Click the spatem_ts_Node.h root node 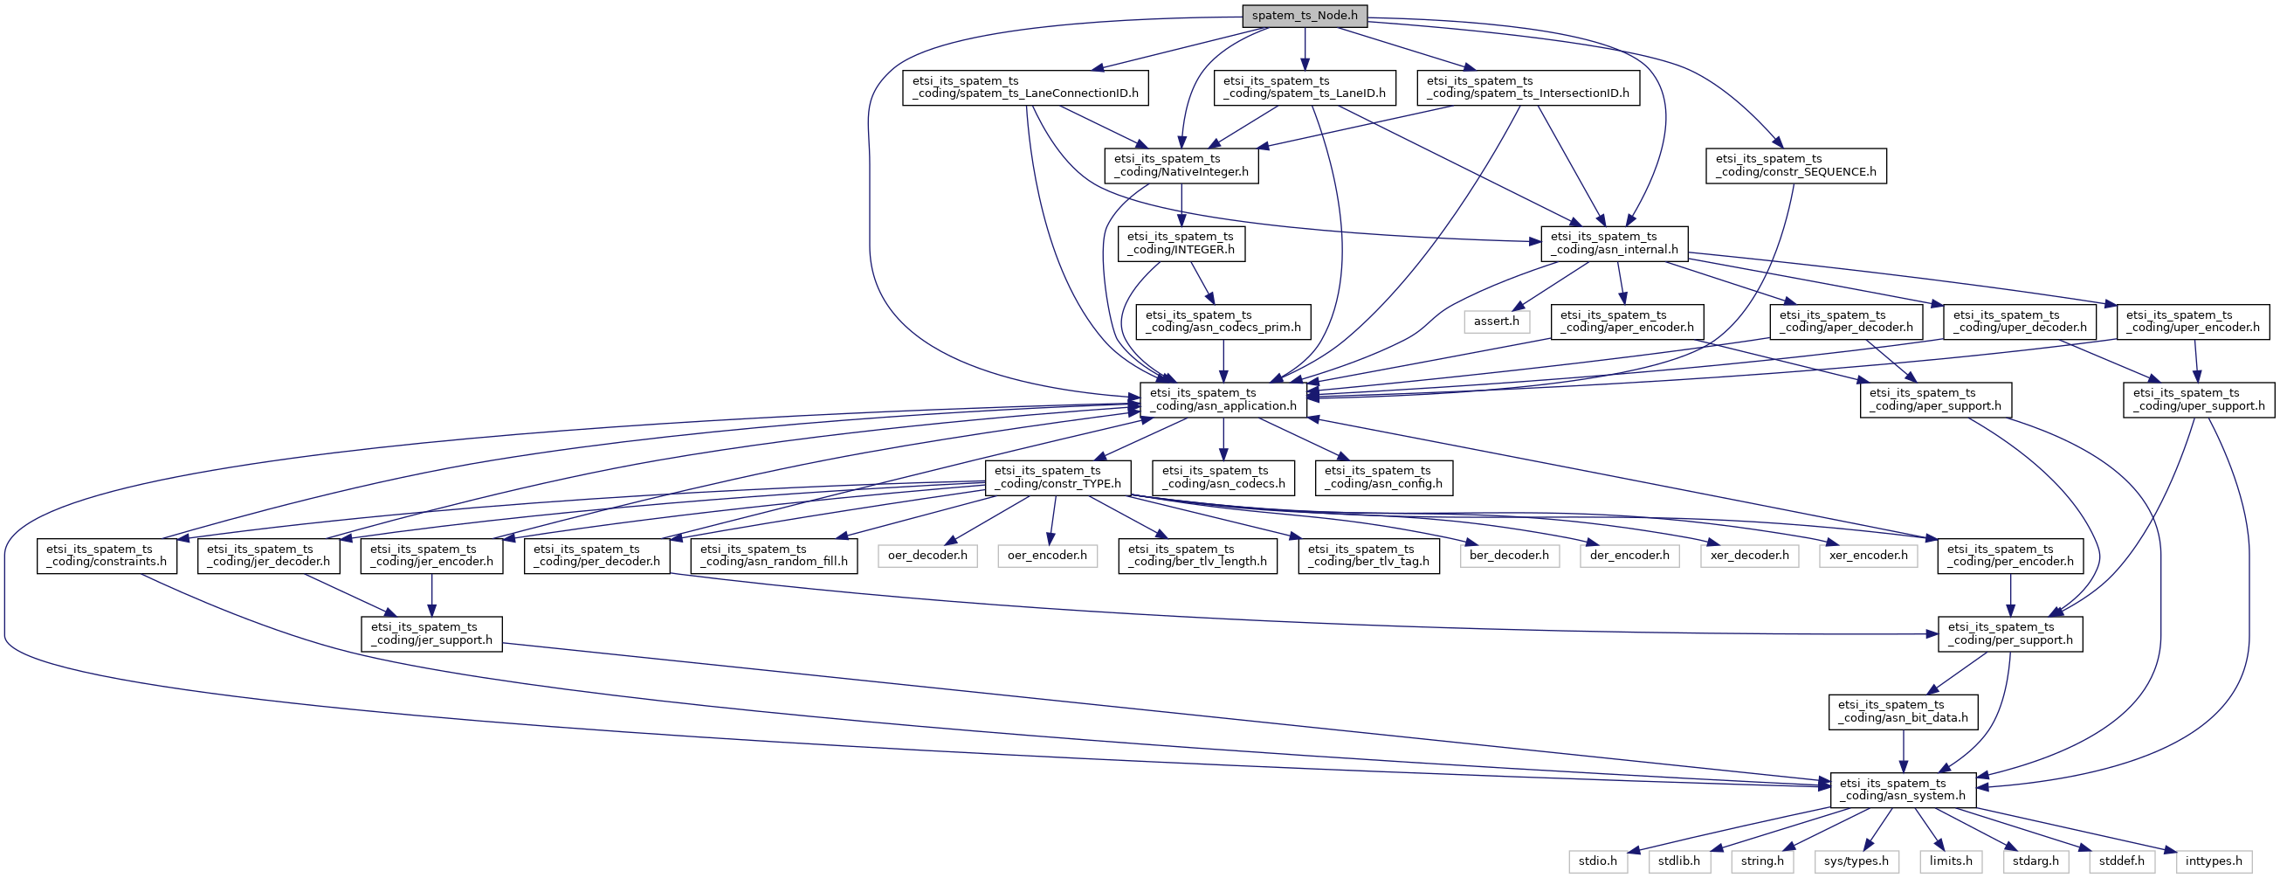[x=1305, y=16]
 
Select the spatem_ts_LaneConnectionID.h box [x=1026, y=87]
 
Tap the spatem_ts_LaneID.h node [x=1305, y=87]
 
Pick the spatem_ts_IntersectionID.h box [x=1528, y=87]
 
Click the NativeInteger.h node [x=1181, y=165]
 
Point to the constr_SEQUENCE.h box [x=1797, y=165]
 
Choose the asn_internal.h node [x=1615, y=244]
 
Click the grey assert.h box [x=1497, y=321]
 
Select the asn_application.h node [x=1223, y=399]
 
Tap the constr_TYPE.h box [x=1058, y=478]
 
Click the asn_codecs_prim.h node [x=1224, y=321]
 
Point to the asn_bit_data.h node [x=1904, y=712]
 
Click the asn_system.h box [x=1903, y=790]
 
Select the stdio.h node [x=1599, y=861]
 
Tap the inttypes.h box [x=2215, y=861]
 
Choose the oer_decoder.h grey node [x=927, y=556]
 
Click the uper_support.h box [x=2200, y=399]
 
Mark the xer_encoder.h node [x=1869, y=556]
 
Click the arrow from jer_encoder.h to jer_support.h [x=432, y=595]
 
